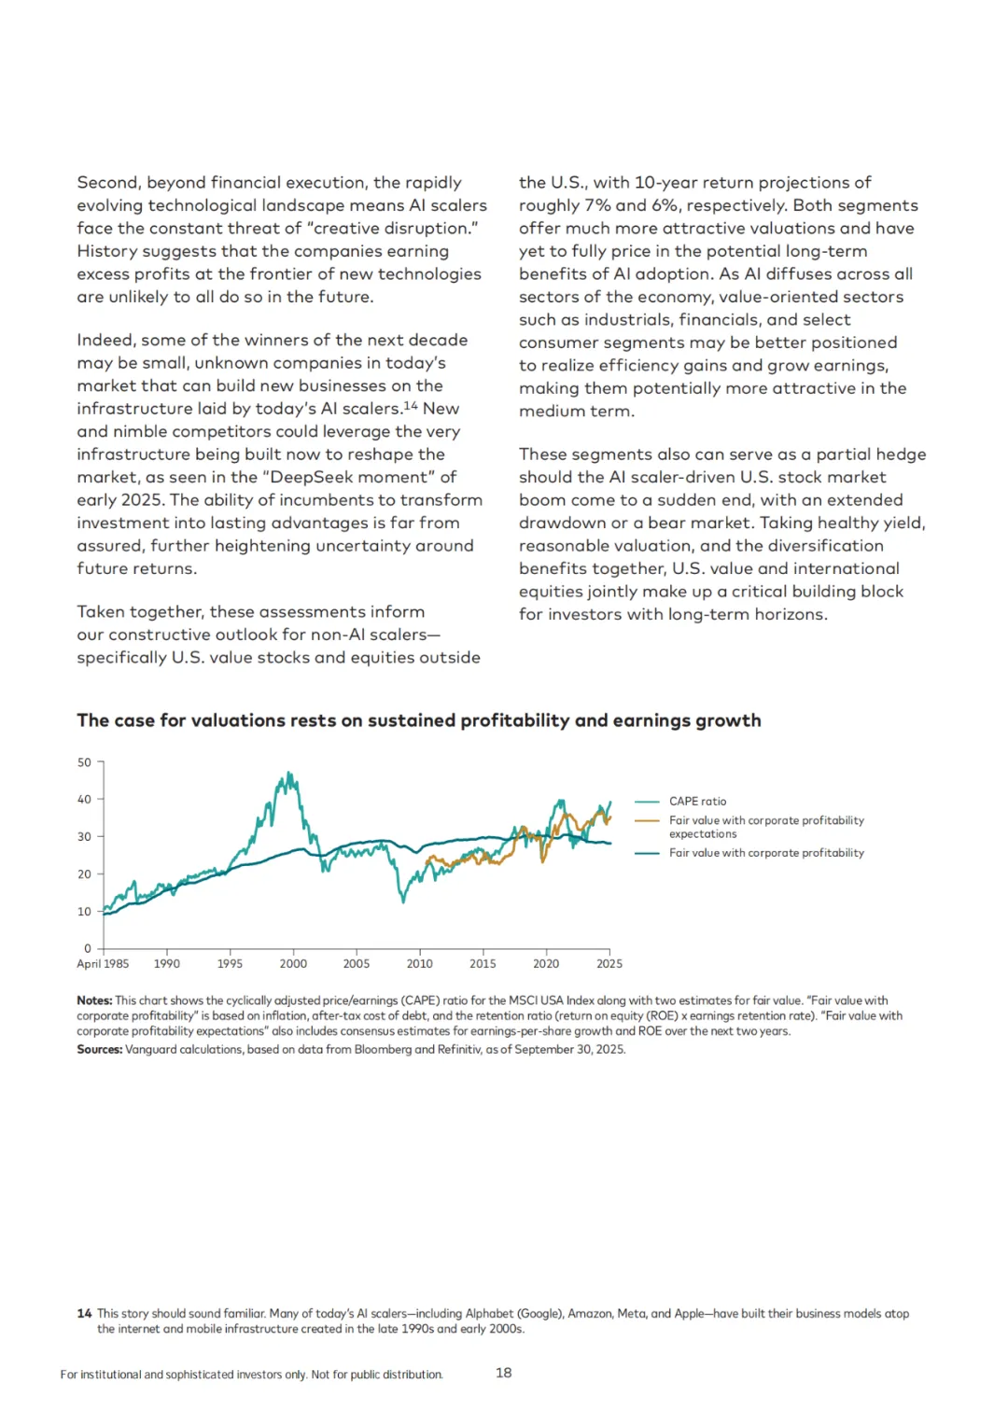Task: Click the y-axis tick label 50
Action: tap(84, 762)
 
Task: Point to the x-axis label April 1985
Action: tap(103, 964)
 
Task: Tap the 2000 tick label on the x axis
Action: tap(293, 964)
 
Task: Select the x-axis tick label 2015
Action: tap(483, 964)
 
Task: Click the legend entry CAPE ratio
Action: tap(697, 802)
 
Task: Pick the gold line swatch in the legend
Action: tap(647, 821)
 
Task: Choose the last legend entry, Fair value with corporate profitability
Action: tap(766, 853)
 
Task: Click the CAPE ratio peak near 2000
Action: tap(289, 774)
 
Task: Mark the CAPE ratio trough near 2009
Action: tap(403, 901)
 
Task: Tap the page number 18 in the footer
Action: tap(504, 1373)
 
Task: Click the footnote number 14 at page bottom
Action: tap(84, 1314)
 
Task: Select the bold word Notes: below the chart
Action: tap(94, 1000)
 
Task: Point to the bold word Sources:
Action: tap(99, 1050)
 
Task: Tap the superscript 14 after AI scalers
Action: tap(411, 406)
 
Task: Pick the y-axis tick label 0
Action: tap(88, 949)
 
